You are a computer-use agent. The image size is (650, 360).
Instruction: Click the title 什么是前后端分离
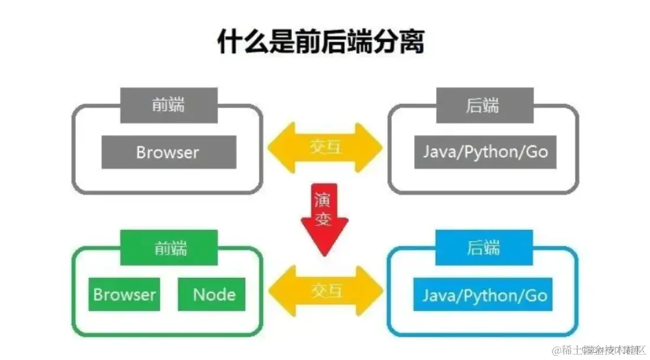321,42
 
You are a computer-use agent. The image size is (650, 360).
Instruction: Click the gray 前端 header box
169,105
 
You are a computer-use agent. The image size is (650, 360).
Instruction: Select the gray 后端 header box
484,105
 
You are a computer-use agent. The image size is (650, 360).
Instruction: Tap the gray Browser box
168,152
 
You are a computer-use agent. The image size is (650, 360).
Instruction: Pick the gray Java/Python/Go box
485,152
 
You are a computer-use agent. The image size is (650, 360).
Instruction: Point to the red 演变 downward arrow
324,218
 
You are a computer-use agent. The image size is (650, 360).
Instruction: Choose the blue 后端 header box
484,247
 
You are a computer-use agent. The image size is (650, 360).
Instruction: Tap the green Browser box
125,294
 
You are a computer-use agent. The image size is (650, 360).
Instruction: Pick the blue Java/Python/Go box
485,294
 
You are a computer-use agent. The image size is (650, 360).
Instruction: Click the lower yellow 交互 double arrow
326,290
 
